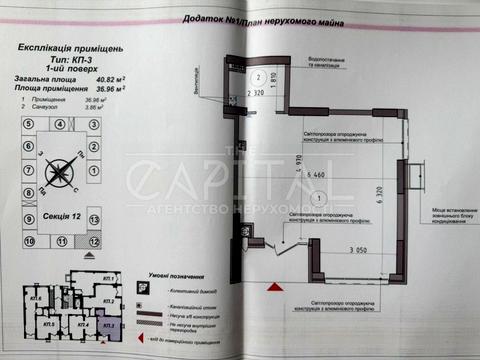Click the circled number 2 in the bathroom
(x=257, y=76)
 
